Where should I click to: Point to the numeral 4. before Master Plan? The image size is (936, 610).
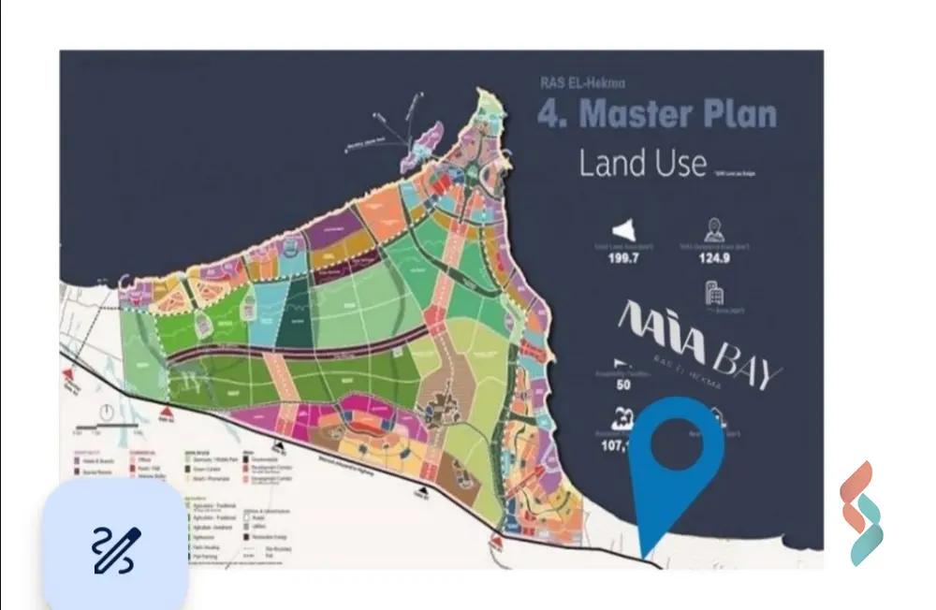pyautogui.click(x=553, y=113)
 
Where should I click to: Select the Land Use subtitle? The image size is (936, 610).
pyautogui.click(x=642, y=163)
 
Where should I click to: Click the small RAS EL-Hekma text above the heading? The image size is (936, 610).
pyautogui.click(x=574, y=82)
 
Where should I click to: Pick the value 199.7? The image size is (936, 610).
pyautogui.click(x=629, y=259)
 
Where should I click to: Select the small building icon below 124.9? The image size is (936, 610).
pyautogui.click(x=713, y=294)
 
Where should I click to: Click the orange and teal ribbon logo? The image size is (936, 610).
pyautogui.click(x=861, y=514)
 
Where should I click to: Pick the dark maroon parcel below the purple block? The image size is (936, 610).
pyautogui.click(x=337, y=272)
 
